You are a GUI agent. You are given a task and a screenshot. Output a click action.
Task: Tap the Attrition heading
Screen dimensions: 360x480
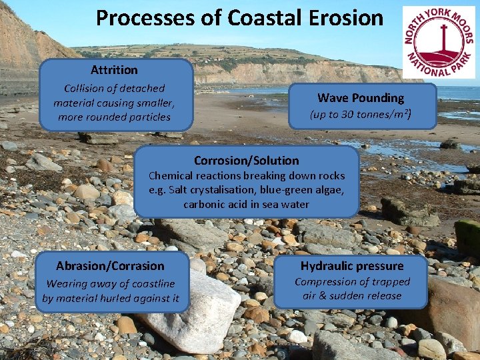pos(114,70)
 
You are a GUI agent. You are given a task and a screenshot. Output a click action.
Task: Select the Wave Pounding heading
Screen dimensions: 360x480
pos(361,98)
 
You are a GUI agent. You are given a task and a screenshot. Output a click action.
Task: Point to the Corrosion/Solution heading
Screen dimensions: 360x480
pos(246,161)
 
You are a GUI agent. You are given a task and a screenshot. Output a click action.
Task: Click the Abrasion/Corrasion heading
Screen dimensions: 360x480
pos(110,266)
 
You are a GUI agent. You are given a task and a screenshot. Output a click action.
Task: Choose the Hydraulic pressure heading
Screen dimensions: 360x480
pos(352,266)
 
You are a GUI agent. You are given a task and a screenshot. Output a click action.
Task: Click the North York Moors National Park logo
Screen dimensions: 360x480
pos(438,42)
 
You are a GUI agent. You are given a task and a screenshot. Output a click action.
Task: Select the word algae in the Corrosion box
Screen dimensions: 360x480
pos(328,190)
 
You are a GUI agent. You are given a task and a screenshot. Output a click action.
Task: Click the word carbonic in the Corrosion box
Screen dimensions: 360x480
pos(204,204)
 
